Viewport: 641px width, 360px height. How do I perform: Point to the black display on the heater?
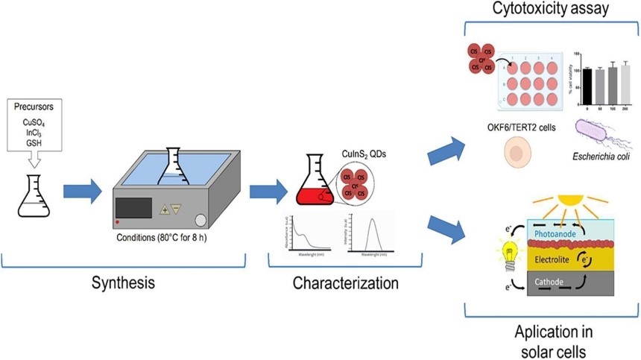point(132,207)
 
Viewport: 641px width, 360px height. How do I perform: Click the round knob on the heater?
point(200,220)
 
